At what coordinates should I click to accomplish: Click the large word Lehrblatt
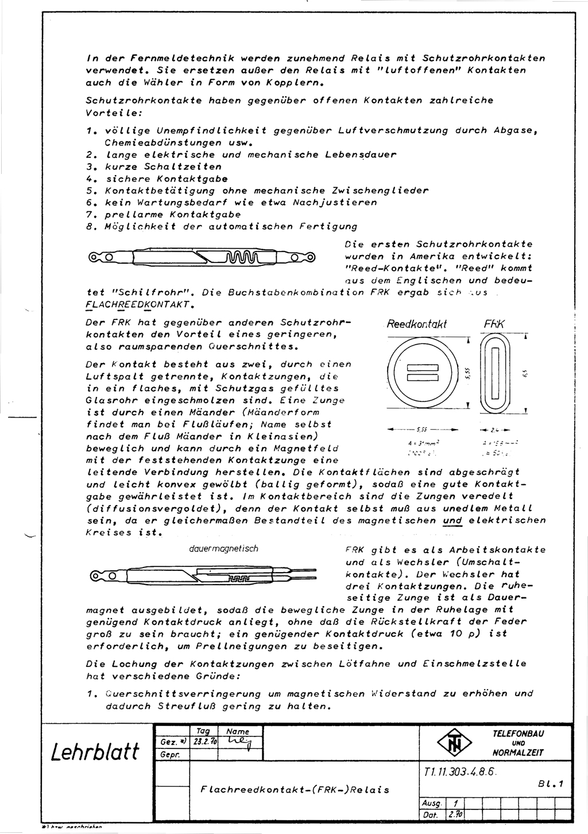[95, 751]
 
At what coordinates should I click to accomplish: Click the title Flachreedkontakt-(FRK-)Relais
[295, 789]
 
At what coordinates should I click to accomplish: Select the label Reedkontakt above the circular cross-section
[416, 325]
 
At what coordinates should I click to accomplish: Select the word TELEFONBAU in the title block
[518, 733]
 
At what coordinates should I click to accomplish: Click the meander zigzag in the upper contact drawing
[246, 256]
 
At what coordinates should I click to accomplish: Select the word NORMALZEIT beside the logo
[518, 753]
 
